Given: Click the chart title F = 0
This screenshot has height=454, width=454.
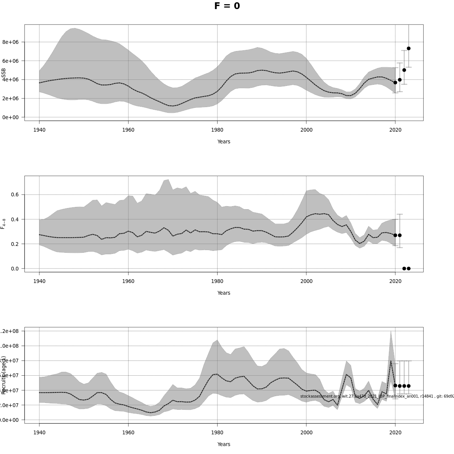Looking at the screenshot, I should pyautogui.click(x=227, y=6).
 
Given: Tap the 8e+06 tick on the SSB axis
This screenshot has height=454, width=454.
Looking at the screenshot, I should pyautogui.click(x=11, y=42).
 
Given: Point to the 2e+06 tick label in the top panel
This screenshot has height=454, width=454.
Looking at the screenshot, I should pyautogui.click(x=11, y=98).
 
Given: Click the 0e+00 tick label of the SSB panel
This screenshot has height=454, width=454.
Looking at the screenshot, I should pyautogui.click(x=11, y=117).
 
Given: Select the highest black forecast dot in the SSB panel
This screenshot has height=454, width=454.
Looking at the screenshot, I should pyautogui.click(x=409, y=48).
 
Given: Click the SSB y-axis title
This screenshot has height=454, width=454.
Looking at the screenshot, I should pyautogui.click(x=3, y=75).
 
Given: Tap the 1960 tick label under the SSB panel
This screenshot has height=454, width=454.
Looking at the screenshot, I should pyautogui.click(x=128, y=130).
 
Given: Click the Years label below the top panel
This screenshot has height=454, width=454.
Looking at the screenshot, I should pyautogui.click(x=224, y=141).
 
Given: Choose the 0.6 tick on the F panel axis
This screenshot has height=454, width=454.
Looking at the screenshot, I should pyautogui.click(x=14, y=194).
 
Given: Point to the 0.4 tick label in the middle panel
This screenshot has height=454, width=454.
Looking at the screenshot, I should pyautogui.click(x=14, y=219).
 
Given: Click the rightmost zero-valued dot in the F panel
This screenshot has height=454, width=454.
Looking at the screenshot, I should pyautogui.click(x=409, y=269).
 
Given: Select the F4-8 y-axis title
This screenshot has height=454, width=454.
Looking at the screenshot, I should pyautogui.click(x=3, y=224).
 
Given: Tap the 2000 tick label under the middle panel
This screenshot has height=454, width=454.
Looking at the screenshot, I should pyautogui.click(x=306, y=281).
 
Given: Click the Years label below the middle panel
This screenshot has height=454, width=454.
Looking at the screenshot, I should pyautogui.click(x=224, y=293).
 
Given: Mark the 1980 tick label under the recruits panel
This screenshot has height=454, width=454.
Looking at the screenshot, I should pyautogui.click(x=217, y=433).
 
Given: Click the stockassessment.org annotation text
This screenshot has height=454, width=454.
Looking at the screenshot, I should pyautogui.click(x=377, y=396).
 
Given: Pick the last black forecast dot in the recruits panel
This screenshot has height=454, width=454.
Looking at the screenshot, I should pyautogui.click(x=409, y=386).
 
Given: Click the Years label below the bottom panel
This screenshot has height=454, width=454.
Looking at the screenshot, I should pyautogui.click(x=224, y=444).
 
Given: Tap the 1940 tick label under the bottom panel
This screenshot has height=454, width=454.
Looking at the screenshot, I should pyautogui.click(x=39, y=433).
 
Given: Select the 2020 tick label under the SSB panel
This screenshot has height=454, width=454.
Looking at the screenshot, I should pyautogui.click(x=395, y=130).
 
